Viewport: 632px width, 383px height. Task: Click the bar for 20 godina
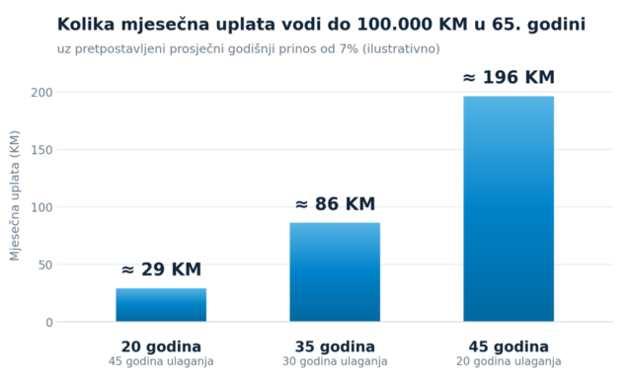pos(161,305)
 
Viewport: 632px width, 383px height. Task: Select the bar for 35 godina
pos(335,271)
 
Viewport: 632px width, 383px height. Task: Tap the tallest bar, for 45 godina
pos(509,208)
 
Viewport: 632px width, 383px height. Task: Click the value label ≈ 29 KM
pos(161,269)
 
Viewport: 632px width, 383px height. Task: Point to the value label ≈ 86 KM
pos(335,203)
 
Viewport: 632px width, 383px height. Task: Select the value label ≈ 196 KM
pos(509,77)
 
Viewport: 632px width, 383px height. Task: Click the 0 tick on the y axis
pos(49,322)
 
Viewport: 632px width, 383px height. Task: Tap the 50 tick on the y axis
pos(45,265)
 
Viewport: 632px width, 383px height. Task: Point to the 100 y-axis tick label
pos(41,207)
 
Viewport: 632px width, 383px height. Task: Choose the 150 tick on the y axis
pos(41,150)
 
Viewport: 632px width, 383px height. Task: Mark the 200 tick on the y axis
pos(41,92)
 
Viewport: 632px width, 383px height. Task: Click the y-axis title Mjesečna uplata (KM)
pos(15,195)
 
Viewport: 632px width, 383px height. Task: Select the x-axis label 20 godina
pos(161,346)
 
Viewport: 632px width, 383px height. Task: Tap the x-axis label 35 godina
pos(335,346)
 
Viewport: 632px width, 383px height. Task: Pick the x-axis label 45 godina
pos(509,346)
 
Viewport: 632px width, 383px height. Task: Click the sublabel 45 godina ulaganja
pos(161,361)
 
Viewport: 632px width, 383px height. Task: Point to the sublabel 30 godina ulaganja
pos(335,361)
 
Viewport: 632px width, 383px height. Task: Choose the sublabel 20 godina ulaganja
pos(509,361)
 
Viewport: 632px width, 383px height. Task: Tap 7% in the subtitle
pos(349,48)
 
